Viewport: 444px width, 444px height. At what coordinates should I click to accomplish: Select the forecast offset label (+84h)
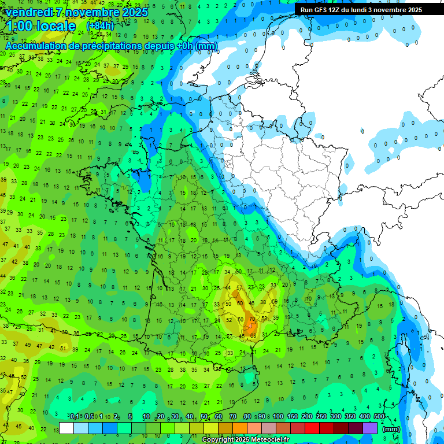coord(100,26)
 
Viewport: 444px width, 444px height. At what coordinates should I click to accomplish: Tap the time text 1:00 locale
coord(41,27)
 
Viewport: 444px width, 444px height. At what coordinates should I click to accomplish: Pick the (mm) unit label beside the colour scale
coord(391,429)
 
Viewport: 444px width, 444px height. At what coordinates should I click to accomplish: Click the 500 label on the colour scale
coord(379,417)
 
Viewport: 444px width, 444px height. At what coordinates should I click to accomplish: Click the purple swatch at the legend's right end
coord(369,428)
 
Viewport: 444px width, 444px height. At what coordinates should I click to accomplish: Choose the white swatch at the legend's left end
coord(66,428)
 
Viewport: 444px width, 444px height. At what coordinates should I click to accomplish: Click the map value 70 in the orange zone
coord(251,319)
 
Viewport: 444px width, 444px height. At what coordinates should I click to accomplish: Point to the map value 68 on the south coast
coord(252,335)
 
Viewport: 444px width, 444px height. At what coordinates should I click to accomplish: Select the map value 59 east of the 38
coord(275,301)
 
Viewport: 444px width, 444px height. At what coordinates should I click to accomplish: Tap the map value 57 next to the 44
coord(239,288)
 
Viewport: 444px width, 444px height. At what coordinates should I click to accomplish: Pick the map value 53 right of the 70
coord(264,319)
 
